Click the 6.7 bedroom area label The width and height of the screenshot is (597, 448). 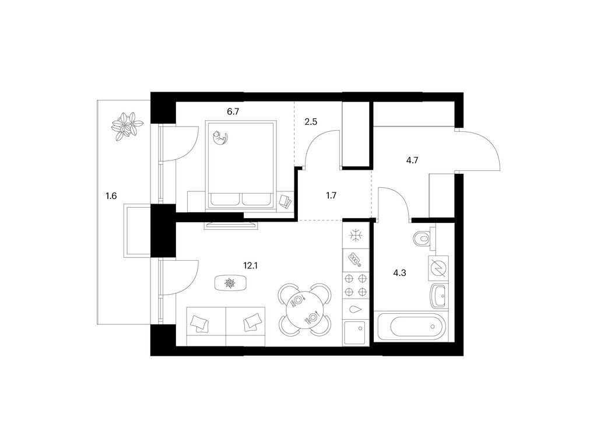click(x=233, y=112)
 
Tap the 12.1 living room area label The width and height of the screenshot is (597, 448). click(x=251, y=265)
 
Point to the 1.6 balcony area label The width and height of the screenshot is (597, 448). click(x=111, y=196)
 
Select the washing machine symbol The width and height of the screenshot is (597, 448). click(x=438, y=268)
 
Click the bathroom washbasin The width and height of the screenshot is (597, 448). click(x=439, y=296)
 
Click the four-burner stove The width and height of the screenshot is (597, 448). click(x=356, y=285)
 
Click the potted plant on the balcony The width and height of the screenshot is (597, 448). click(x=127, y=125)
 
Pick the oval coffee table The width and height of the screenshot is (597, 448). click(x=230, y=283)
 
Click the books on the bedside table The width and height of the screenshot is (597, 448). click(x=285, y=201)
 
